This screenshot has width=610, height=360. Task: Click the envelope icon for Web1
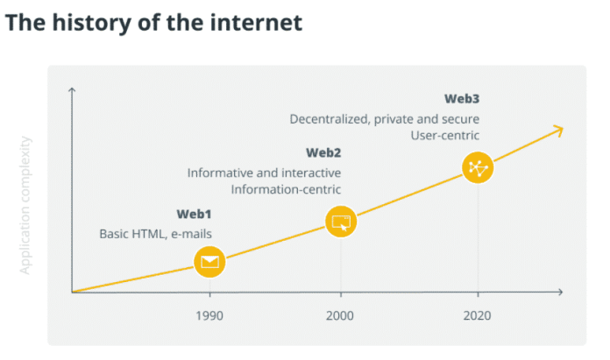pyautogui.click(x=209, y=260)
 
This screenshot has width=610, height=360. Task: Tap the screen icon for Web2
pyautogui.click(x=341, y=222)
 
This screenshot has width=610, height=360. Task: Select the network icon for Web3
pyautogui.click(x=478, y=168)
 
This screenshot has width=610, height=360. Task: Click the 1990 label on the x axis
pyautogui.click(x=209, y=316)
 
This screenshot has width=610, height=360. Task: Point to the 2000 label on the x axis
pyautogui.click(x=341, y=316)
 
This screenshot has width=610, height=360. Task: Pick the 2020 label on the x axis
pyautogui.click(x=478, y=316)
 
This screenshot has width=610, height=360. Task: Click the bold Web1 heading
pyautogui.click(x=194, y=215)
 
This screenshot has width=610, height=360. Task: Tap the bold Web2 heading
pyautogui.click(x=323, y=152)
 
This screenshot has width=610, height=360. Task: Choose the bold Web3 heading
pyautogui.click(x=463, y=98)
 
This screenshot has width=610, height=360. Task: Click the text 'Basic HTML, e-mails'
pyautogui.click(x=155, y=233)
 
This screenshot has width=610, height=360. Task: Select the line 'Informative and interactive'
pyautogui.click(x=264, y=173)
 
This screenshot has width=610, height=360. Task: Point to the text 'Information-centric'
pyautogui.click(x=286, y=189)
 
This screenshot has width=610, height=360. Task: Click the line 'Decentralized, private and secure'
pyautogui.click(x=385, y=118)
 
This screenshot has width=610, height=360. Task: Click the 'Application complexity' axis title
pyautogui.click(x=25, y=205)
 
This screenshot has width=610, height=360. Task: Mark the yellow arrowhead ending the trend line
pyautogui.click(x=557, y=131)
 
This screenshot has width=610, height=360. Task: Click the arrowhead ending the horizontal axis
pyautogui.click(x=560, y=292)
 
